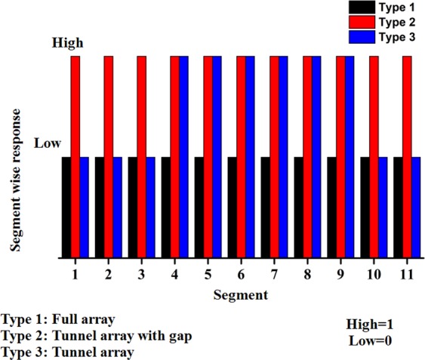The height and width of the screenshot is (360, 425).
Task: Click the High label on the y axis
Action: pyautogui.click(x=66, y=43)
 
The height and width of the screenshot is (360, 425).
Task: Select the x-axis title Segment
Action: pyautogui.click(x=238, y=293)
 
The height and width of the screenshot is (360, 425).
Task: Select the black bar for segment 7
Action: pyautogui.click(x=266, y=208)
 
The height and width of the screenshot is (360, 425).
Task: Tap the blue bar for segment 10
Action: pyautogui.click(x=383, y=208)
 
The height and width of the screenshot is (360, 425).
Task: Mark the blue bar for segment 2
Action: pyautogui.click(x=117, y=208)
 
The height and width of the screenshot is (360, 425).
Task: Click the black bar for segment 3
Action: pyautogui.click(x=133, y=208)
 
